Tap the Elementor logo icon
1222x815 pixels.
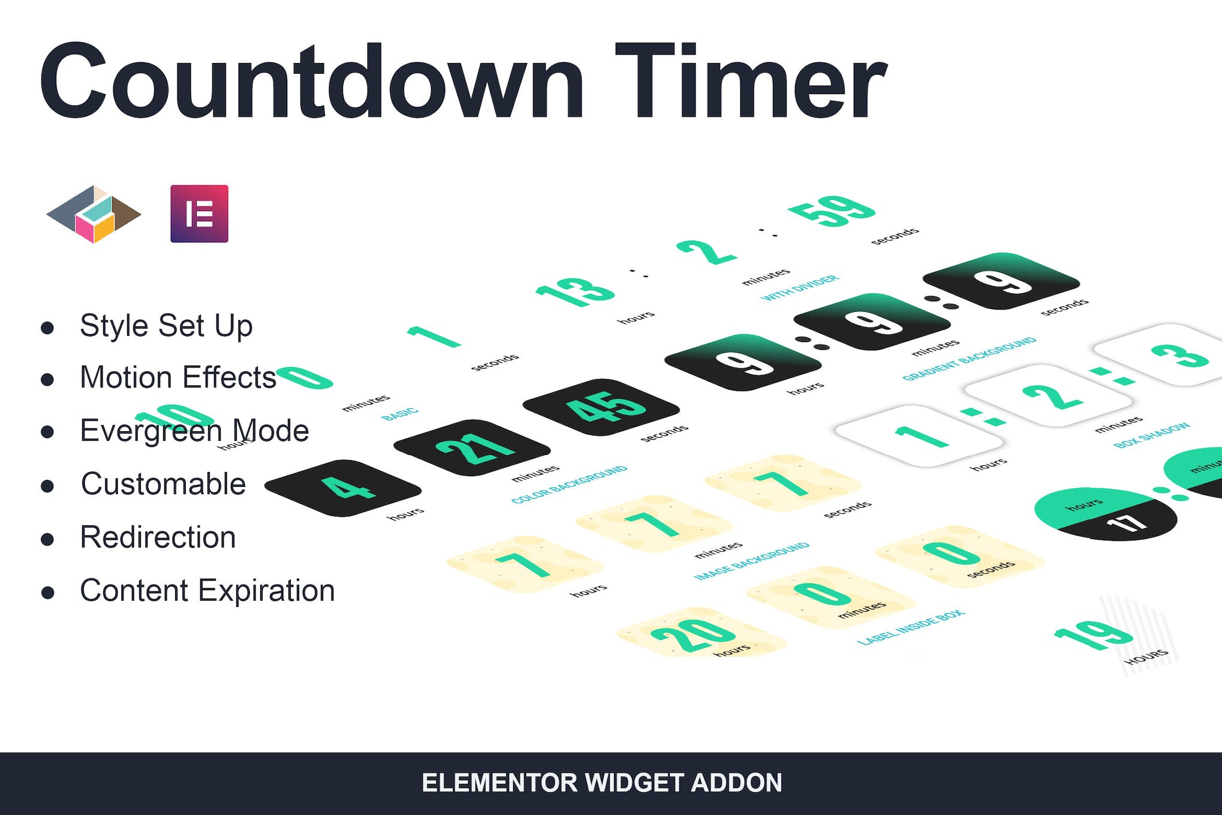click(199, 214)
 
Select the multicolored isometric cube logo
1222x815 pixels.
click(94, 214)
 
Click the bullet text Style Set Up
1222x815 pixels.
click(166, 326)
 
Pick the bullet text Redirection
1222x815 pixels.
click(158, 537)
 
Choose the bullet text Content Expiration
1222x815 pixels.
click(207, 591)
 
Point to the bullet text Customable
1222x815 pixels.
click(163, 484)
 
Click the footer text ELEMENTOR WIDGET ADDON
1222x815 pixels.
click(602, 783)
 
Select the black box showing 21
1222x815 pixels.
click(472, 448)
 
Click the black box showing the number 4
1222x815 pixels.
click(343, 488)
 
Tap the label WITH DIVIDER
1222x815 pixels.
click(800, 288)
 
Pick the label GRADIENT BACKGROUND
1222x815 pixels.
click(969, 359)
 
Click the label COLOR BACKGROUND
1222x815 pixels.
click(569, 485)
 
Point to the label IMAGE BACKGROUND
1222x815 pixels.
click(751, 561)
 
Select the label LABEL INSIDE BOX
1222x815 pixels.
click(911, 627)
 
